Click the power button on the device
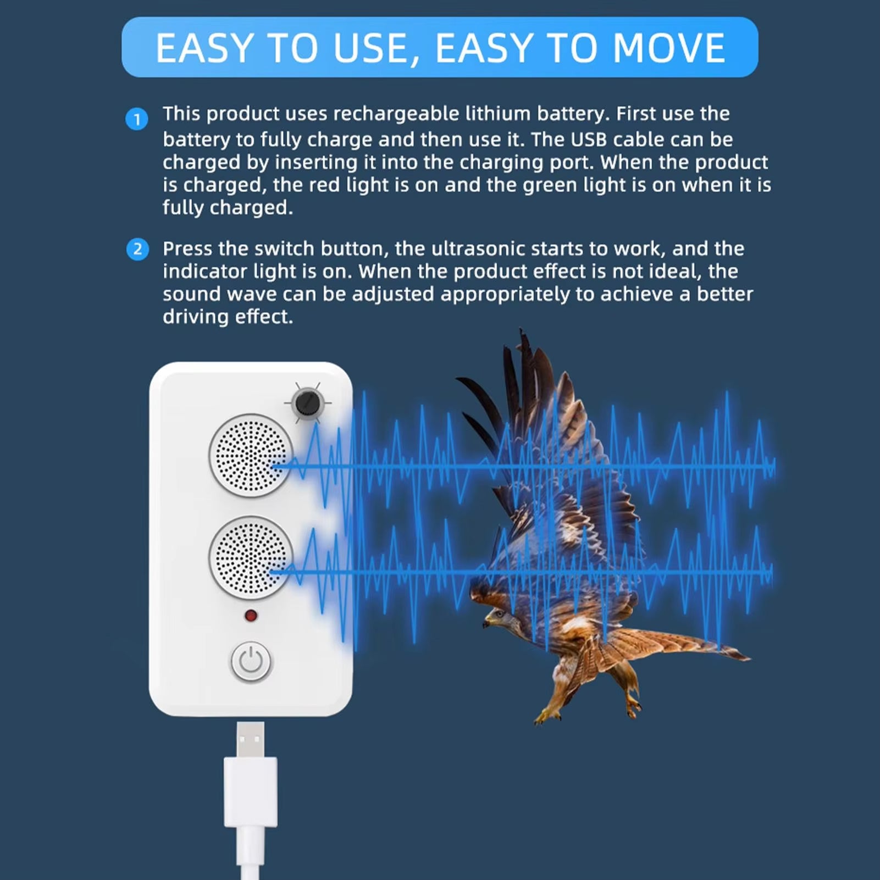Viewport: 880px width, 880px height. tap(251, 661)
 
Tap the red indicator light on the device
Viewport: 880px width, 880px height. tap(251, 616)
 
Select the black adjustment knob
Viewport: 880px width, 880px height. tap(308, 403)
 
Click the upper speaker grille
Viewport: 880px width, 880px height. tap(251, 456)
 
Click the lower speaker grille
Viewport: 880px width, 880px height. tap(251, 558)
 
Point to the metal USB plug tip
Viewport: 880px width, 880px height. tap(251, 740)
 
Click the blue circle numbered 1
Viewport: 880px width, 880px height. tap(137, 119)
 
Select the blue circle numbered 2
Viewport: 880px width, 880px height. tap(137, 249)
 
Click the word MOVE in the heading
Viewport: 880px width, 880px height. tap(668, 48)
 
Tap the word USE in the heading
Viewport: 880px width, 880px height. tap(371, 48)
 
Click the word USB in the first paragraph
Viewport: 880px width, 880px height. tap(589, 140)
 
